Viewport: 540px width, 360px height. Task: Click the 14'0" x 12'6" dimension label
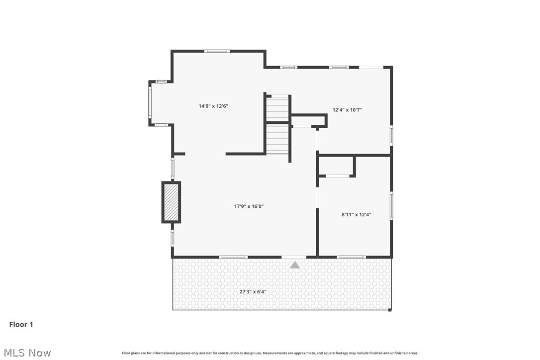(x=213, y=106)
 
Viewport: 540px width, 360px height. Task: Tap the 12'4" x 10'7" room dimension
(x=347, y=110)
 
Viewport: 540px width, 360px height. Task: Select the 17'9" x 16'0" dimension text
(x=249, y=206)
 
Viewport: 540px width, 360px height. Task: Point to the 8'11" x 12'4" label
(x=356, y=215)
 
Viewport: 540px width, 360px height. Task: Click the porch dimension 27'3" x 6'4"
(x=253, y=292)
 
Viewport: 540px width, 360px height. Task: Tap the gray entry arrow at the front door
(x=295, y=265)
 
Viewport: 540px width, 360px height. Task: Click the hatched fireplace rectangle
(x=171, y=202)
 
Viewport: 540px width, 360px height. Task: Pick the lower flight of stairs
(x=277, y=139)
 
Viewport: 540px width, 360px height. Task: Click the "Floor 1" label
(x=21, y=325)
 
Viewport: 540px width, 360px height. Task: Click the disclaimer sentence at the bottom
(x=270, y=353)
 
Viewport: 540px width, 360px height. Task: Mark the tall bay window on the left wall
(x=150, y=102)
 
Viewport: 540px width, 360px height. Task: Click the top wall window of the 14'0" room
(x=217, y=51)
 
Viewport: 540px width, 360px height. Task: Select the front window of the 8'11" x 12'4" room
(x=351, y=257)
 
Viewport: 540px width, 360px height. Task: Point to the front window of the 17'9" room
(x=233, y=257)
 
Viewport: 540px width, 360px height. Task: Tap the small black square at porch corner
(x=390, y=310)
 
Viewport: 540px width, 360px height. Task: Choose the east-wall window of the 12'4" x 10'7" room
(x=391, y=135)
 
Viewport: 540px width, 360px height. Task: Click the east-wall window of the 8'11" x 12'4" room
(x=391, y=205)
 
